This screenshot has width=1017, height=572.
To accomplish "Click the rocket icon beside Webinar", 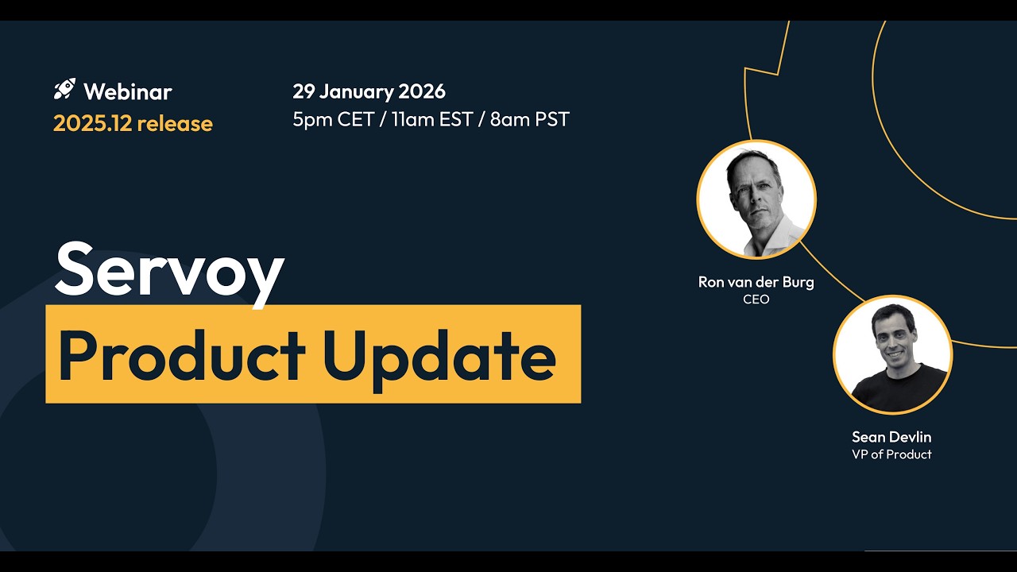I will (x=64, y=89).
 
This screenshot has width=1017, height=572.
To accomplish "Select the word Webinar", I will (x=127, y=91).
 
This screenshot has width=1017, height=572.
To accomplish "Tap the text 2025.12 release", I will (x=133, y=123).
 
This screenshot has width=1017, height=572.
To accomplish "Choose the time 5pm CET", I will (x=333, y=119).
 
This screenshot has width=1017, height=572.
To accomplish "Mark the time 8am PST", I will (x=530, y=119).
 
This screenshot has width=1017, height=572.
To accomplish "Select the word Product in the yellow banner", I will (x=181, y=354).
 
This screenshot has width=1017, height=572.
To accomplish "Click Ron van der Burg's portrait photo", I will (x=756, y=199).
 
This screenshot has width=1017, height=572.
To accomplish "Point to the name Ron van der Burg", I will (x=756, y=282).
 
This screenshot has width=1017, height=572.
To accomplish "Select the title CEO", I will (x=756, y=300).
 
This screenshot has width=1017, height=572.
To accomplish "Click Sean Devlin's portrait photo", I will (x=892, y=355).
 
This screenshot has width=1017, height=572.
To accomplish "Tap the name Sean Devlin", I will (x=891, y=437).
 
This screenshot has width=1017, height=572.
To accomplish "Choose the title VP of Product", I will (x=891, y=454).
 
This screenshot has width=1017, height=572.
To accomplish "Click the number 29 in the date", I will (x=304, y=91).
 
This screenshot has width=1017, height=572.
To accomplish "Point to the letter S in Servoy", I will (x=78, y=269).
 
